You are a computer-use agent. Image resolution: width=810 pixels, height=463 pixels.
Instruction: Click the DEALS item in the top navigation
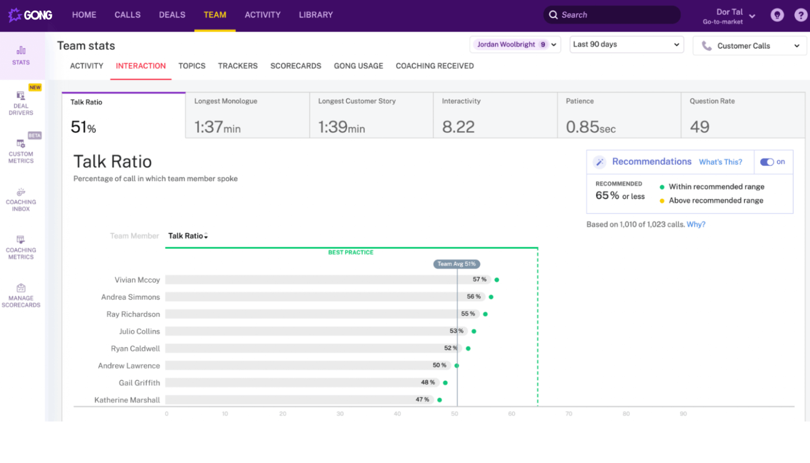click(x=172, y=15)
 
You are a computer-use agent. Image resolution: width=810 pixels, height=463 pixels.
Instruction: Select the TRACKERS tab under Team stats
click(x=237, y=66)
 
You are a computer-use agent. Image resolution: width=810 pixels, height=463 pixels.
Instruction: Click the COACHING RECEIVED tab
click(x=434, y=66)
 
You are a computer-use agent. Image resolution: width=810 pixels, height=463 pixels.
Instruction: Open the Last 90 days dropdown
click(x=626, y=45)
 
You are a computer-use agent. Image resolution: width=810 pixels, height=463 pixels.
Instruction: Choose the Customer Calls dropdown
click(x=750, y=46)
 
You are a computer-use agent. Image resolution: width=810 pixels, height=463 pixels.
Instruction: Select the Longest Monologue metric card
click(x=247, y=115)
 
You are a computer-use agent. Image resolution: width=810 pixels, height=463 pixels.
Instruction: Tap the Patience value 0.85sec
click(x=590, y=127)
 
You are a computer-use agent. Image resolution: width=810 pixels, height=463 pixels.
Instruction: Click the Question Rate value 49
click(x=699, y=127)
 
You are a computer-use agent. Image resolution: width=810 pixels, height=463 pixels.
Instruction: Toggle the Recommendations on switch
click(x=767, y=162)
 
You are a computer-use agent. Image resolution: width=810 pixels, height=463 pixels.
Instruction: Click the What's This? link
click(x=720, y=162)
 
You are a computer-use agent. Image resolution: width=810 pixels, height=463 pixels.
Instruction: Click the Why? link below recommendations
click(x=696, y=224)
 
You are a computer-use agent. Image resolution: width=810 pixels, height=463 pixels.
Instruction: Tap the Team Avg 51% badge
click(x=456, y=264)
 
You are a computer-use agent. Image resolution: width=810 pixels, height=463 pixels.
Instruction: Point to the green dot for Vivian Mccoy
click(x=497, y=280)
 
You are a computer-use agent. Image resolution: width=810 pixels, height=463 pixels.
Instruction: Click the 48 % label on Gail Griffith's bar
click(x=427, y=382)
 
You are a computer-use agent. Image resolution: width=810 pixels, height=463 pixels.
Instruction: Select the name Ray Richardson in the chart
click(x=133, y=314)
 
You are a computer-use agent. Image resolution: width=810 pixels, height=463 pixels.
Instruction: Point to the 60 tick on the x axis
click(x=511, y=414)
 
